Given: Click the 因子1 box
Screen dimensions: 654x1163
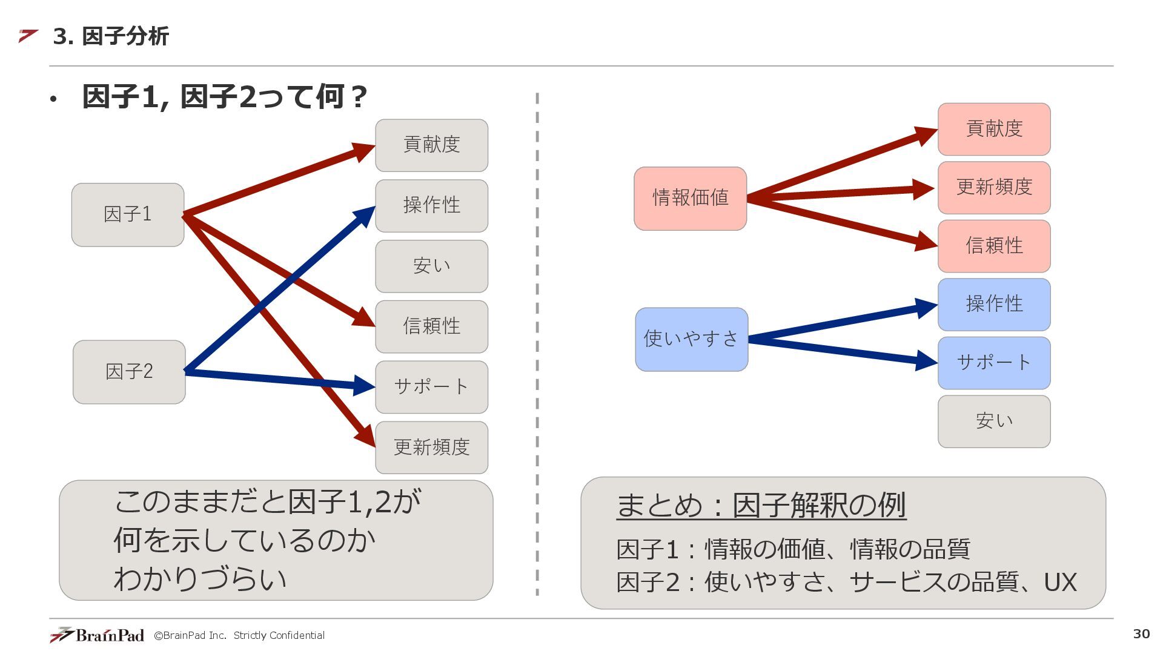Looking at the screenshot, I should [128, 214].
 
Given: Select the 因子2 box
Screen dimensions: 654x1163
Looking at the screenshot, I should [129, 372].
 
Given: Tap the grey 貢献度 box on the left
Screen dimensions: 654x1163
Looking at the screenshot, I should [431, 145].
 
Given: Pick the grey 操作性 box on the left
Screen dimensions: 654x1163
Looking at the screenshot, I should [431, 205].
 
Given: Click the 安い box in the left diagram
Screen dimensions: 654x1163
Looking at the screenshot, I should [431, 266].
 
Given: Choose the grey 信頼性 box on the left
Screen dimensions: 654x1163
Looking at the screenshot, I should [431, 326].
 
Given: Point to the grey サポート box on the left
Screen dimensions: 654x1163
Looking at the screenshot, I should [431, 387].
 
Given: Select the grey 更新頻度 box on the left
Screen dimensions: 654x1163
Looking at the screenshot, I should [431, 448].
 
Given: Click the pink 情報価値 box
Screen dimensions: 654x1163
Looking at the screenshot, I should [690, 198].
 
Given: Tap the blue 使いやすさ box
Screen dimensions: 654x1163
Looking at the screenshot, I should [691, 339].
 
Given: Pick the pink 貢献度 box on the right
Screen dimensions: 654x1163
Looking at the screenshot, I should [994, 129].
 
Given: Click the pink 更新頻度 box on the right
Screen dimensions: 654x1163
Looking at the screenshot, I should [994, 187].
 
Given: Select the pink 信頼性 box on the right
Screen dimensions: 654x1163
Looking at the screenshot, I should [994, 246].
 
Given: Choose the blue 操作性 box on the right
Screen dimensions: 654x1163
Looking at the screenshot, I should [994, 304].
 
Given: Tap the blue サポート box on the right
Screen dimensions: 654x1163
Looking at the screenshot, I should [994, 363].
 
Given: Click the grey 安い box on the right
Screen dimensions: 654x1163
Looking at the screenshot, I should [994, 421].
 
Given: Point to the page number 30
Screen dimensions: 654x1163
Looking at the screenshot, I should [1141, 633].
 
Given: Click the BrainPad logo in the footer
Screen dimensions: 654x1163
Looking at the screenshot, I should [98, 635].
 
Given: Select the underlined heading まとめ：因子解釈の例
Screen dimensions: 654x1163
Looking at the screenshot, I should [761, 505].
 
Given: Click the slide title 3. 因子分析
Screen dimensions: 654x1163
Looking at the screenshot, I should [111, 36].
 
